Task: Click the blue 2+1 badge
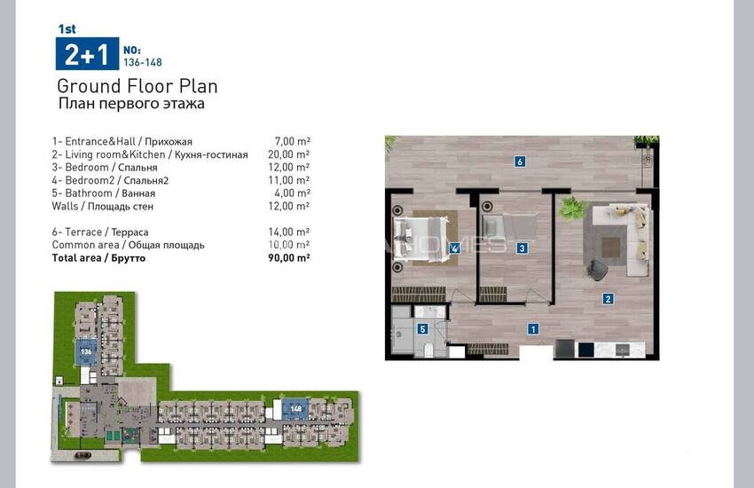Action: click(x=87, y=54)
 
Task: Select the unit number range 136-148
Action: click(x=143, y=62)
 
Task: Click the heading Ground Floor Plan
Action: click(x=137, y=87)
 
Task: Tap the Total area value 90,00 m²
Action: click(x=289, y=257)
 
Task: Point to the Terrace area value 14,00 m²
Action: click(x=289, y=232)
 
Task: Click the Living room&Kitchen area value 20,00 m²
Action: click(x=289, y=154)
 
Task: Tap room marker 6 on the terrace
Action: click(x=519, y=161)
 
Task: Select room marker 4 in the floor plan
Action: click(x=454, y=248)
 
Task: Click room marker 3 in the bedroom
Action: click(x=522, y=248)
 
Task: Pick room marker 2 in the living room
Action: click(x=608, y=299)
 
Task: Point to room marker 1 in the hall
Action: click(x=533, y=329)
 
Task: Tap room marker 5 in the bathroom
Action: click(x=422, y=329)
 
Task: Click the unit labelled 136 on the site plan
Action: click(x=86, y=351)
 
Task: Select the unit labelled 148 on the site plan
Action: click(x=295, y=409)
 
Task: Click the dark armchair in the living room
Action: click(x=597, y=269)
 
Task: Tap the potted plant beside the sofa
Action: click(x=573, y=208)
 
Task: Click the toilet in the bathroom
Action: click(x=430, y=350)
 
